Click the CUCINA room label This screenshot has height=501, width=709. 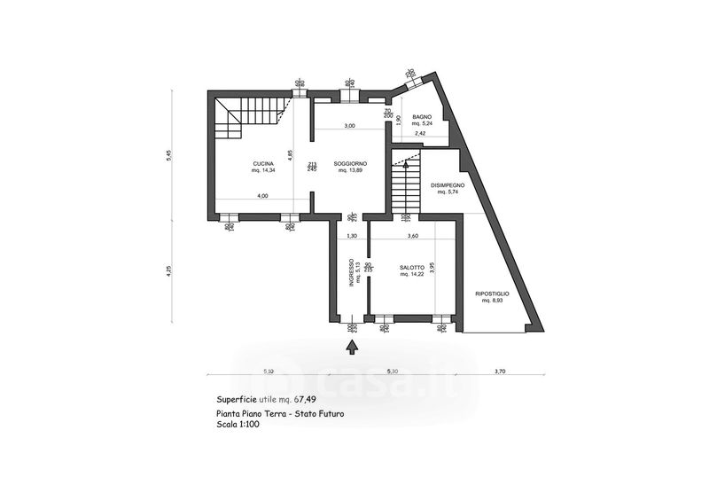pos(262,163)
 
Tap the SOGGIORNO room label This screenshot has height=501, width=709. pos(351,163)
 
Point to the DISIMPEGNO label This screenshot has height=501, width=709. pos(448,185)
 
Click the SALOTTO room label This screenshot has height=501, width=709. pos(412,268)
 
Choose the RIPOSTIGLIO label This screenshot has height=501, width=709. pos(492,293)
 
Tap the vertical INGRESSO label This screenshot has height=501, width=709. pos(351,272)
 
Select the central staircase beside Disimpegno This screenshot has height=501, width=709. pos(404,188)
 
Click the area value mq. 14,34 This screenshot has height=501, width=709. pos(262,170)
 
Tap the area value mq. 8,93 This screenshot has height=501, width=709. pos(492,301)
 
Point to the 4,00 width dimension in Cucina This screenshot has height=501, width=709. pos(262,195)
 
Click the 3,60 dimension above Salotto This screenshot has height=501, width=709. pos(412,236)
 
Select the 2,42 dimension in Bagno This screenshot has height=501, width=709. pos(421,133)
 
